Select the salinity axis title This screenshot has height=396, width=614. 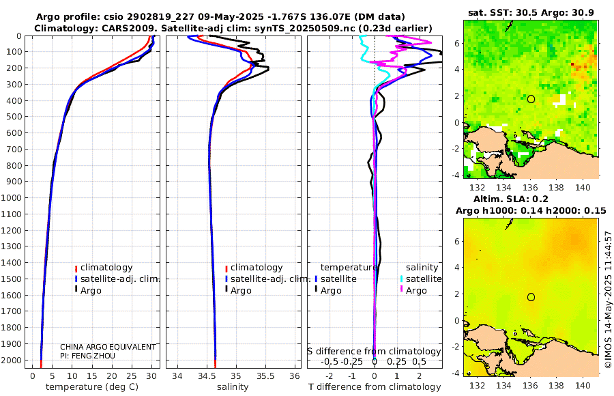(233, 387)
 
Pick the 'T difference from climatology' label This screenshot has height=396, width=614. (374, 387)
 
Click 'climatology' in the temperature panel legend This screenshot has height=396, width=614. (106, 268)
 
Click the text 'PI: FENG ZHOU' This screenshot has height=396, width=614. (88, 356)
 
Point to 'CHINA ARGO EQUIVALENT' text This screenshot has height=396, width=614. (108, 347)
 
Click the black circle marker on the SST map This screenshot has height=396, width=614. (531, 99)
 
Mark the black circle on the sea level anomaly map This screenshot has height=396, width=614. (531, 297)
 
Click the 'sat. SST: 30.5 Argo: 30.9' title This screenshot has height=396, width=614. (531, 12)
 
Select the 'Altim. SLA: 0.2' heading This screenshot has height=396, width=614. (531, 198)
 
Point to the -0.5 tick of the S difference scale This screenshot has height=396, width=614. (330, 361)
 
